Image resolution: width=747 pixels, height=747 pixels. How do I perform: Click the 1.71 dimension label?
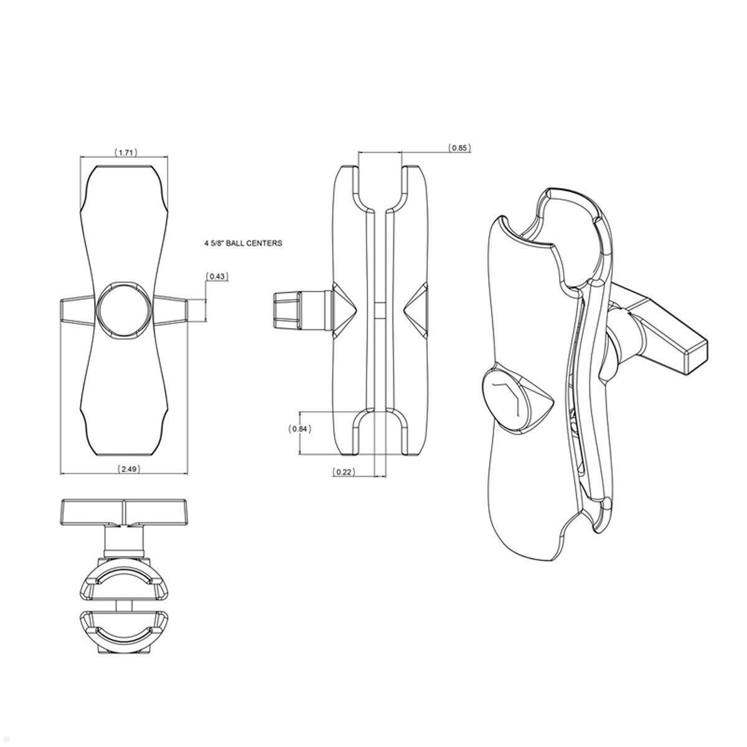pyautogui.click(x=126, y=152)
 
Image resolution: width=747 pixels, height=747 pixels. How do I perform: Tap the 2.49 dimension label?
pyautogui.click(x=129, y=469)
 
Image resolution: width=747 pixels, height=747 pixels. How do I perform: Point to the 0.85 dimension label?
pyautogui.click(x=459, y=148)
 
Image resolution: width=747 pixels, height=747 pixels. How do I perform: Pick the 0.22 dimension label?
pyautogui.click(x=344, y=472)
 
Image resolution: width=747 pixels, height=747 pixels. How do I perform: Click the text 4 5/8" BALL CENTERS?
pyautogui.click(x=239, y=243)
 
